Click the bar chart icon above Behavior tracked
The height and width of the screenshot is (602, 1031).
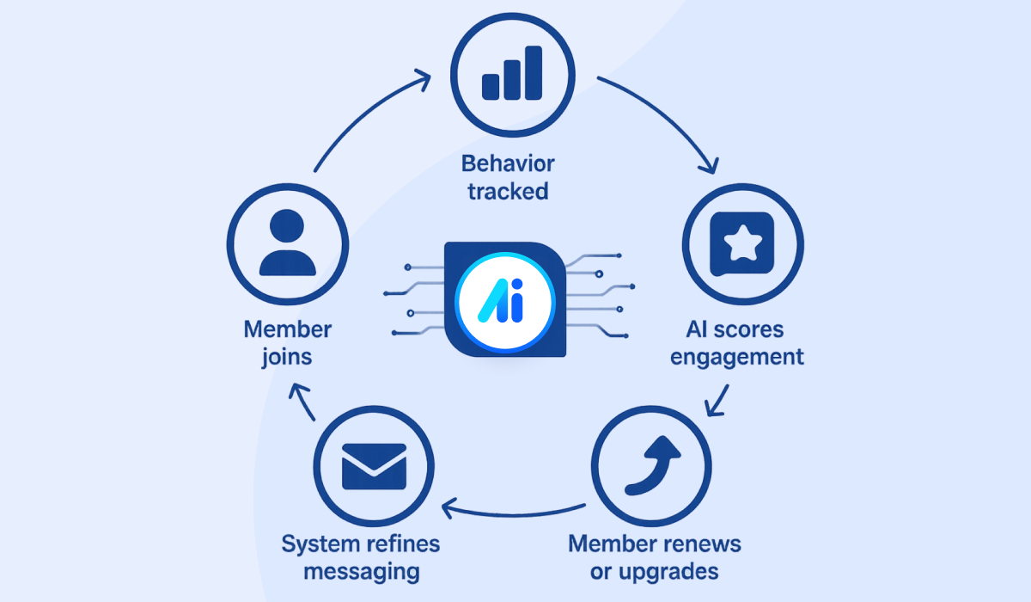pos(513,73)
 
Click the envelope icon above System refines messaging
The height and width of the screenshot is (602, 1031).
pos(374,466)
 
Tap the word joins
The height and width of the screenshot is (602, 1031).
pos(287,356)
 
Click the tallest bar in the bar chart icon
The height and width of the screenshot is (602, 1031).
pos(534,71)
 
